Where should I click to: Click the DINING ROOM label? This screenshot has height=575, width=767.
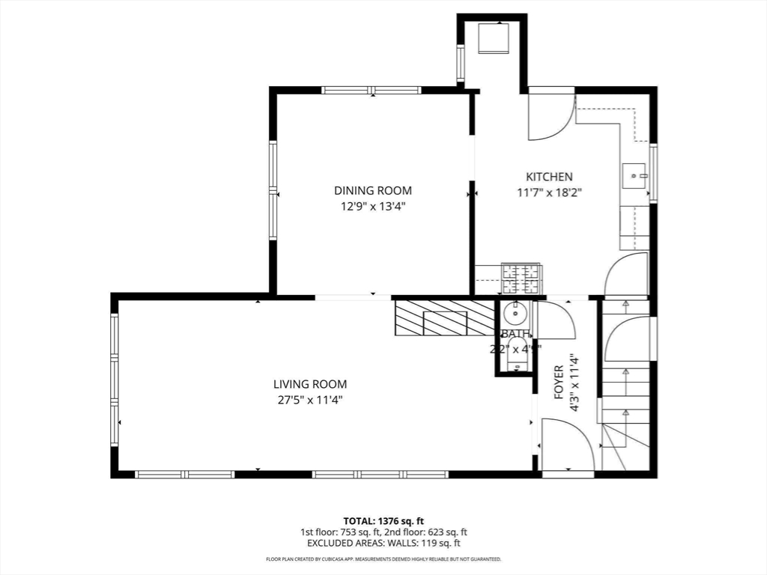(372, 191)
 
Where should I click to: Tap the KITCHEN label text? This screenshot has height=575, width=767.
(549, 177)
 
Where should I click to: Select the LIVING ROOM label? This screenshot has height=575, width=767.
(309, 384)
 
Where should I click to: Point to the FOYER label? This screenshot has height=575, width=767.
(559, 382)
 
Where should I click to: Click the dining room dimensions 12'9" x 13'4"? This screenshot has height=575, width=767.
(372, 206)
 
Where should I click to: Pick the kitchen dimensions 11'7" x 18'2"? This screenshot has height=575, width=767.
(549, 192)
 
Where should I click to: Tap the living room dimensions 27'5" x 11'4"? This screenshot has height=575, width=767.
(309, 399)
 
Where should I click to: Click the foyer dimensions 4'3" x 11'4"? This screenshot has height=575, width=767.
(575, 383)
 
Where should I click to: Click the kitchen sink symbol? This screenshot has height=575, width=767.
(635, 177)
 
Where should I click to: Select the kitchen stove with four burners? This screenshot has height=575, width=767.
(521, 279)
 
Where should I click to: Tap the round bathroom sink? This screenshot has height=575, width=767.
(515, 312)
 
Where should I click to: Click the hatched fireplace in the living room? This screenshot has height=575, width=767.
(444, 318)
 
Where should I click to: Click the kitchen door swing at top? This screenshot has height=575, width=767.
(551, 116)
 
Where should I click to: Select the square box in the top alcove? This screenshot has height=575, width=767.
(494, 37)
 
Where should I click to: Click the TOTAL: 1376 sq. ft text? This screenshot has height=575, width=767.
(383, 520)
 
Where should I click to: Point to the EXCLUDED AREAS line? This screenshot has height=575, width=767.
(383, 544)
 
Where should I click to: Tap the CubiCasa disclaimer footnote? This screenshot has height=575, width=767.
(383, 559)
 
